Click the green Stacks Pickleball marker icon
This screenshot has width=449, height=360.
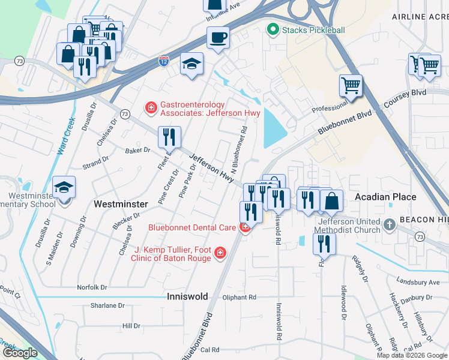pos(273,29)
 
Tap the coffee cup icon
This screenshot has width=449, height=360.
pos(218,37)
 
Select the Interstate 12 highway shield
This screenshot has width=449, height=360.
pos(164,61)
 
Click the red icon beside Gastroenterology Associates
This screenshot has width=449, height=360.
pos(151,108)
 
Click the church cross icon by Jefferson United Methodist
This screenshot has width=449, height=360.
pos(390,226)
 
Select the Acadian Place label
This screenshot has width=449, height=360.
pos(385,197)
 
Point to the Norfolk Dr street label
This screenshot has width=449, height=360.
pos(92,287)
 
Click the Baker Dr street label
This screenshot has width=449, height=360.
pos(137,150)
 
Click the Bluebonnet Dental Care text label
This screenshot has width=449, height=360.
pos(191,227)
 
